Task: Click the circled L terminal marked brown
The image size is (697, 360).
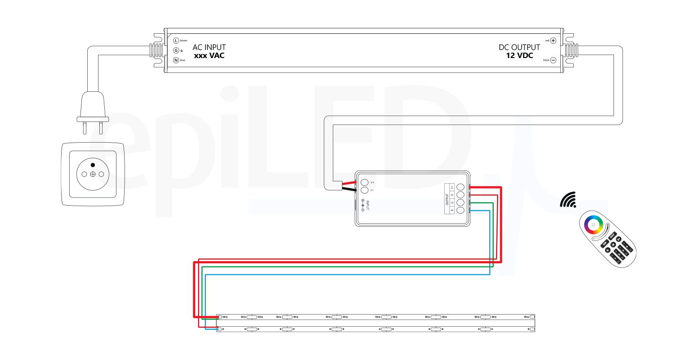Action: pos(176,40)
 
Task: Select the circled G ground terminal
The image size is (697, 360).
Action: pos(176,50)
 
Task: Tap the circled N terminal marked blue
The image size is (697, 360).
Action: pos(176,60)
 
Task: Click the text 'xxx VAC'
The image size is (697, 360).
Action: pos(209,56)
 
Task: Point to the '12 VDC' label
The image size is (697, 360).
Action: pos(519,56)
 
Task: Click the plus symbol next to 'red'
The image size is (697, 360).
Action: pos(553,40)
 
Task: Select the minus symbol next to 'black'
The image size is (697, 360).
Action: pos(553,60)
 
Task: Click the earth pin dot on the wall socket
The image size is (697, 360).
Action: pos(93,165)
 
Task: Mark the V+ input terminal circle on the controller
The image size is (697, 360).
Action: pos(364,182)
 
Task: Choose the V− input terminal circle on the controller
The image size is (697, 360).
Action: pos(364,190)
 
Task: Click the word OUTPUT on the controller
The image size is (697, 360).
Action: pos(447,199)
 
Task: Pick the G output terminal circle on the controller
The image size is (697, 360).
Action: pos(460,202)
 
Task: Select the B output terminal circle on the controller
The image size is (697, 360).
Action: pos(460,210)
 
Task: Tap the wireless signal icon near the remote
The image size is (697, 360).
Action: pos(569,200)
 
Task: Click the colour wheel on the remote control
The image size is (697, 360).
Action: pos(593,224)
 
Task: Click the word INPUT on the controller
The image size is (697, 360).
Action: pos(367,205)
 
